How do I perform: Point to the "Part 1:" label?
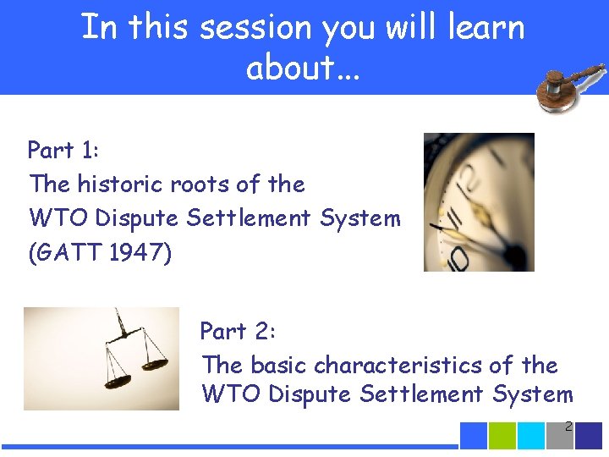(63, 151)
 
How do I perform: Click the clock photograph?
(479, 202)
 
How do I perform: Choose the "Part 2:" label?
(237, 331)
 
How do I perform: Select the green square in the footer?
(502, 435)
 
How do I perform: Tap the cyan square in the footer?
(531, 435)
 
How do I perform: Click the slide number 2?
(568, 428)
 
